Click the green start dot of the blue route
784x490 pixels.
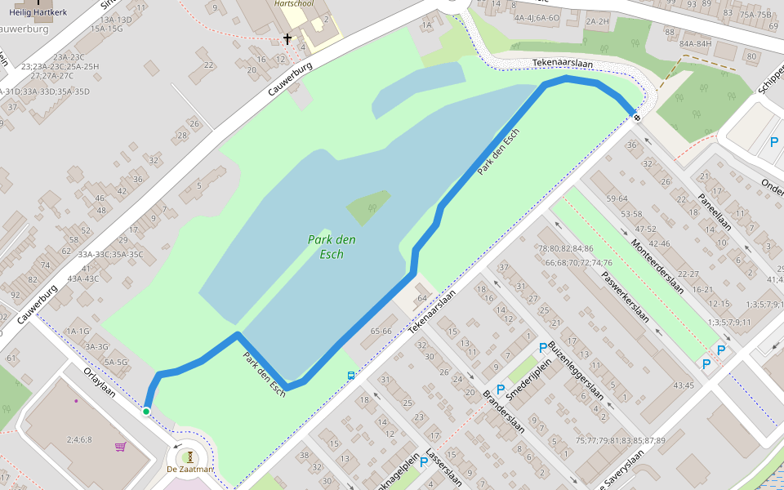coord(146,411)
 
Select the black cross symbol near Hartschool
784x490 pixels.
coord(287,38)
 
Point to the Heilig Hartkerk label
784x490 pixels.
coord(38,12)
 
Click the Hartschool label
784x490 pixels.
coord(294,3)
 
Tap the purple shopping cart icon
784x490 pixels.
coord(121,447)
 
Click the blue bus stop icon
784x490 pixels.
coord(351,375)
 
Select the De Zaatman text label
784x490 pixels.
coord(189,470)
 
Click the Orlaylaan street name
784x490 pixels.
coord(100,382)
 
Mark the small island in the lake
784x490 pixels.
coord(368,208)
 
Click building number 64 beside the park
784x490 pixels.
coord(422,298)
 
